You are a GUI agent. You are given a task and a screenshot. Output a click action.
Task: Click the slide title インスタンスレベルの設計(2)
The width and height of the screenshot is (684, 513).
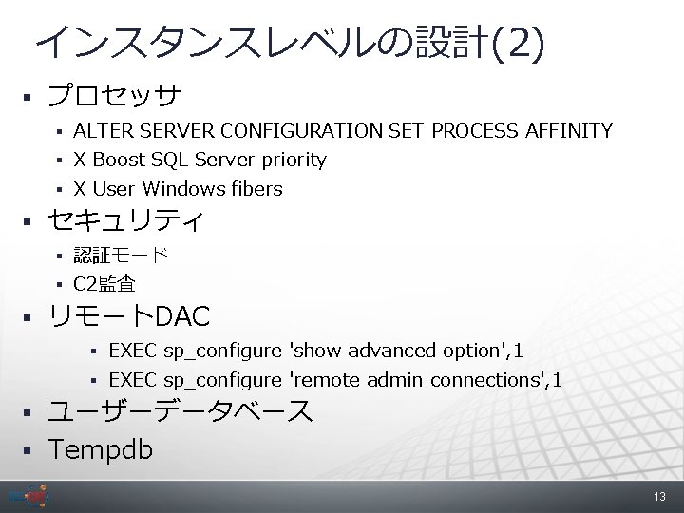290,43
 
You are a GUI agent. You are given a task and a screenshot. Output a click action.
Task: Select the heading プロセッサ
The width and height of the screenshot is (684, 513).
115,96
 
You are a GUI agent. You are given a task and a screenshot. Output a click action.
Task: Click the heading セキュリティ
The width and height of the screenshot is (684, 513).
126,222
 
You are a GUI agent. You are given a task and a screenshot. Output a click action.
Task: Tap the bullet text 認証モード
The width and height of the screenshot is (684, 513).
121,255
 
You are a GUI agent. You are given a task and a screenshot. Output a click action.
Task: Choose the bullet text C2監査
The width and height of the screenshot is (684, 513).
104,283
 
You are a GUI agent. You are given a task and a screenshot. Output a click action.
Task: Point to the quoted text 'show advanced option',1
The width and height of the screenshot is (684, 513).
405,351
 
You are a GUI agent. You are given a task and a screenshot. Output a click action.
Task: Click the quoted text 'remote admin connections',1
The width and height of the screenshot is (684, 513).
424,381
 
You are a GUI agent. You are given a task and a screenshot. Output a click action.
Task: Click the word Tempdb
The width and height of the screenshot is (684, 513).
100,447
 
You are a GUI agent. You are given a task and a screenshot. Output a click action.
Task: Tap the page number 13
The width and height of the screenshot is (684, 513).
660,498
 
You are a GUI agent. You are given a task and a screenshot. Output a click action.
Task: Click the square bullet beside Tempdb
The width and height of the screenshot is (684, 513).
28,448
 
